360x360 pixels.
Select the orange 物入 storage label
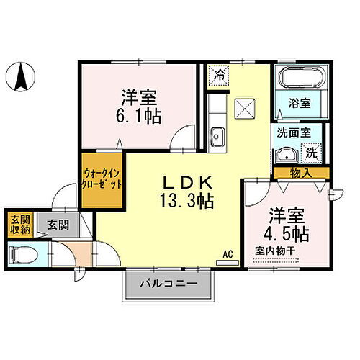pos(301,173)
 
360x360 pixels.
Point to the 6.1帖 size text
pos(139,114)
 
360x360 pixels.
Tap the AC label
pos(228,254)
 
